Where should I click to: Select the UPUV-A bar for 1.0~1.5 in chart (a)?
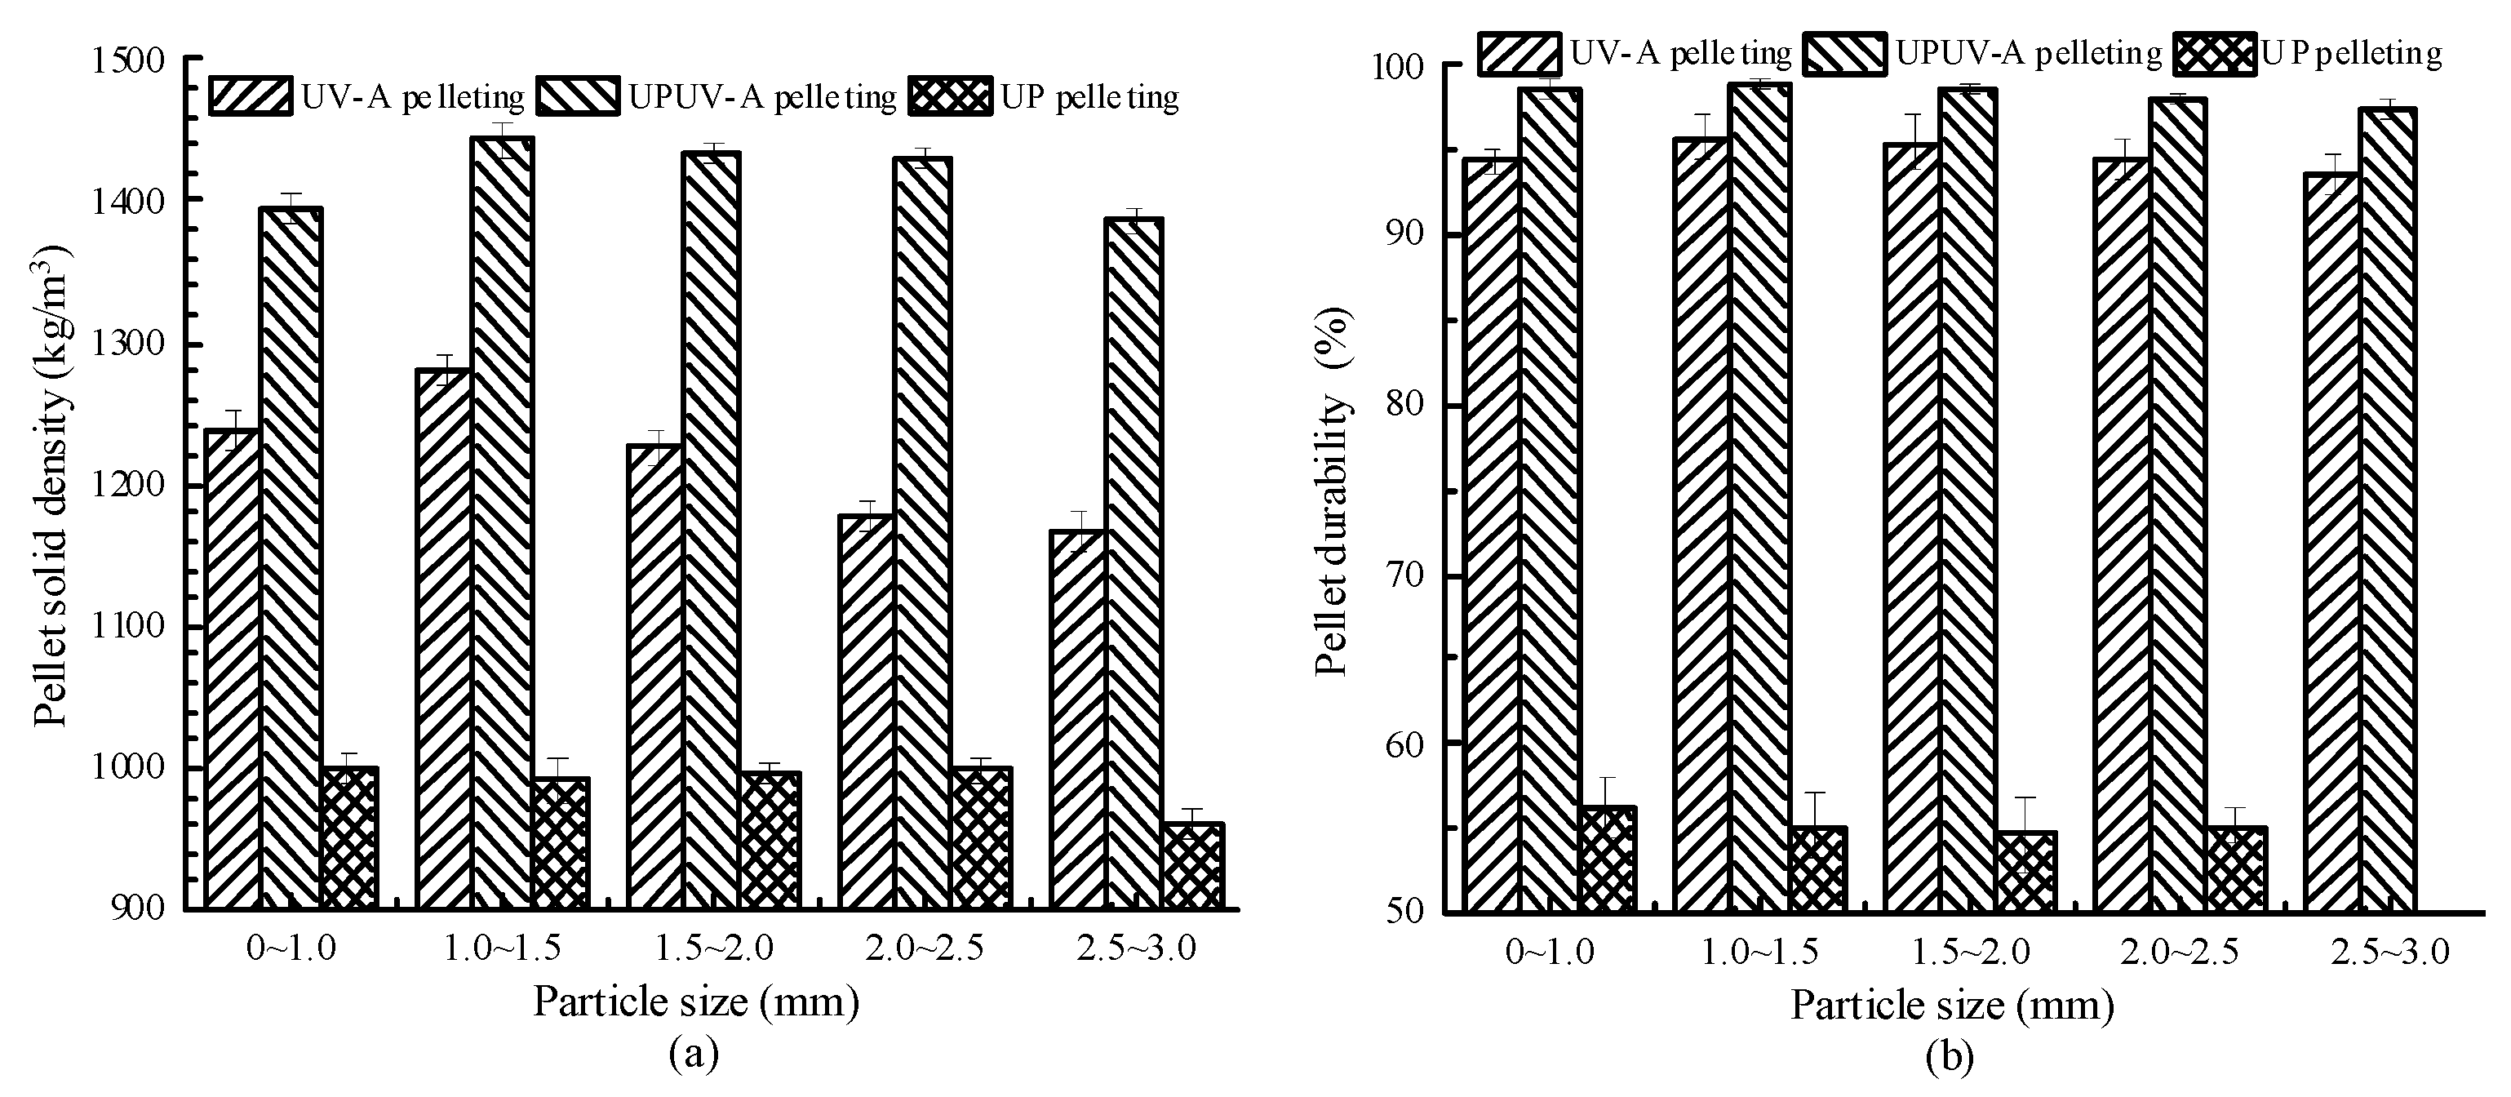(502, 522)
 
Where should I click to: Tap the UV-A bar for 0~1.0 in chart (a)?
(233, 668)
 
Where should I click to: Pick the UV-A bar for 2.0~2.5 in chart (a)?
(866, 712)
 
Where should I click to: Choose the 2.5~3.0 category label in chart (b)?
(2389, 952)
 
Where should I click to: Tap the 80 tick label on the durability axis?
(1403, 406)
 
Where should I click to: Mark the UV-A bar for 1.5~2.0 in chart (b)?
(1910, 526)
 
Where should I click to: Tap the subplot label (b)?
(1950, 1056)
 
